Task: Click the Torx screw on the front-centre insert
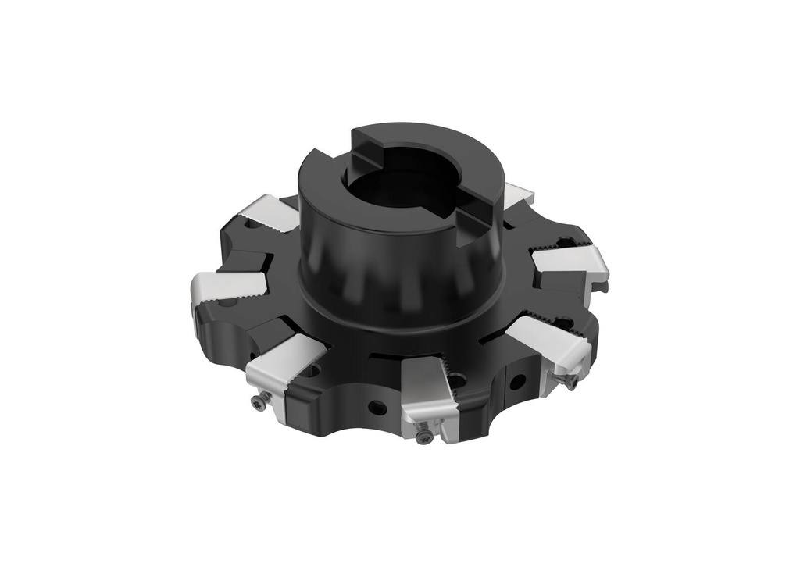(x=424, y=437)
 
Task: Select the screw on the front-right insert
(x=570, y=381)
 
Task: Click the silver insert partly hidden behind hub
(x=517, y=196)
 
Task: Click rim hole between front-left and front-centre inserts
(x=377, y=407)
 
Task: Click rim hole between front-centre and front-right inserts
(x=516, y=382)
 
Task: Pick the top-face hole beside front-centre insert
(x=456, y=380)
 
